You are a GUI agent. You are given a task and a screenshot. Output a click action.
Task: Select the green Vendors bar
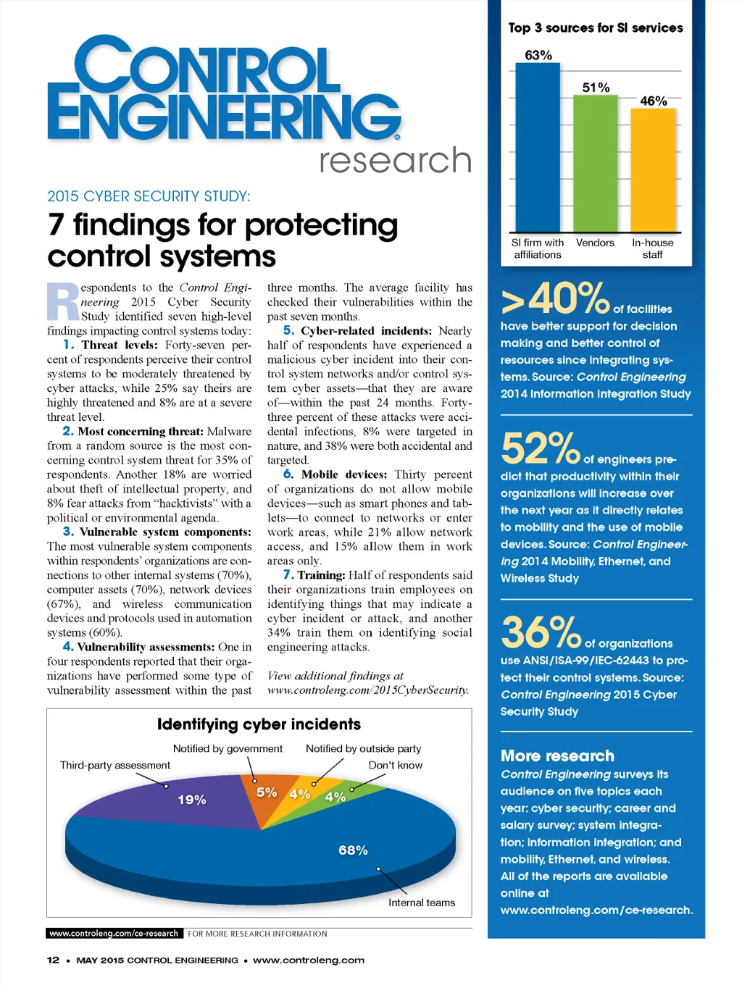click(595, 163)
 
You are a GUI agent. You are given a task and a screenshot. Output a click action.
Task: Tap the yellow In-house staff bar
click(653, 169)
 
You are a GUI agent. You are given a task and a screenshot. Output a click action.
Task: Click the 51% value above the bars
click(596, 88)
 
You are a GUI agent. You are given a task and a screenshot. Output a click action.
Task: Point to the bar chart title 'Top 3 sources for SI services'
click(596, 28)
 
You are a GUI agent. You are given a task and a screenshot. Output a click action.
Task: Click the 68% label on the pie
click(353, 850)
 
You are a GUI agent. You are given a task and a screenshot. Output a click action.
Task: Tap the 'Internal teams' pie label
click(422, 903)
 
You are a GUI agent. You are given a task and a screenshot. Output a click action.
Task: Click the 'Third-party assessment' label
click(115, 765)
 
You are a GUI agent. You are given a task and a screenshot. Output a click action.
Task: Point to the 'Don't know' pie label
click(395, 765)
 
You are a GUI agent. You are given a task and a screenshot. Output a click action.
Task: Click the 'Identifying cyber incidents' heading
click(259, 724)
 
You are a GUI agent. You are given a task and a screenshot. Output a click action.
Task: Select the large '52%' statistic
click(540, 448)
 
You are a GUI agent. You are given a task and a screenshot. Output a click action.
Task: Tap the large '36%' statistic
click(541, 632)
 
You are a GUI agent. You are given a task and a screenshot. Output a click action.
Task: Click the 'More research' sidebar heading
click(557, 755)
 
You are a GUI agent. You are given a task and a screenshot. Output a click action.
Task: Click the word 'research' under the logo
click(395, 161)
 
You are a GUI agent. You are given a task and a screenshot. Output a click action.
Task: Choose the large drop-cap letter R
click(63, 301)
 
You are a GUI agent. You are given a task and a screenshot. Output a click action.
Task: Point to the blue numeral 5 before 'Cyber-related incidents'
click(288, 330)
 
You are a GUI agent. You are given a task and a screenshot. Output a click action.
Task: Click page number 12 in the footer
click(53, 960)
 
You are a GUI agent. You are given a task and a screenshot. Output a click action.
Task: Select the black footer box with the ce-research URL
click(114, 934)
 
